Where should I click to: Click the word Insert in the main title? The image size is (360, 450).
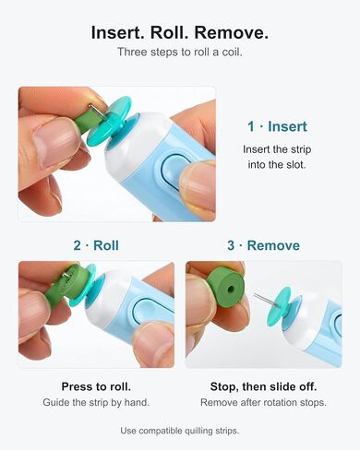[118, 32]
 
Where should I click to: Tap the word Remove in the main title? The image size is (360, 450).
[231, 32]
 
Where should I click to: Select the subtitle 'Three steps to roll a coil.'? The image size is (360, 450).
[180, 52]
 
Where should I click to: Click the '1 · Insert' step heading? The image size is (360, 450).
[277, 126]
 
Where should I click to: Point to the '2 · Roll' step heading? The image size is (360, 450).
[96, 245]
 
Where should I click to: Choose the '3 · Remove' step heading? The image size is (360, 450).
[263, 245]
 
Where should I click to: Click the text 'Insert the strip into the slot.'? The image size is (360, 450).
[277, 157]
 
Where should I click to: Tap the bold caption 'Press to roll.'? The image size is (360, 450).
[96, 386]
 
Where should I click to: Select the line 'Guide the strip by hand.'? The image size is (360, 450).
[96, 402]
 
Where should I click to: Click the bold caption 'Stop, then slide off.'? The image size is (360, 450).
[263, 386]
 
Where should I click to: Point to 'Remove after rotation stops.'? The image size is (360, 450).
[263, 402]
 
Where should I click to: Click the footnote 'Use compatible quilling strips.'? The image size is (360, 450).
[180, 431]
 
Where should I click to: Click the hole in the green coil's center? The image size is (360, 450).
[231, 290]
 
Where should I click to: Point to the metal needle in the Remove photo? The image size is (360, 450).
[265, 300]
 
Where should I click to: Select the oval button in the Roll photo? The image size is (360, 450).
[147, 310]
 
